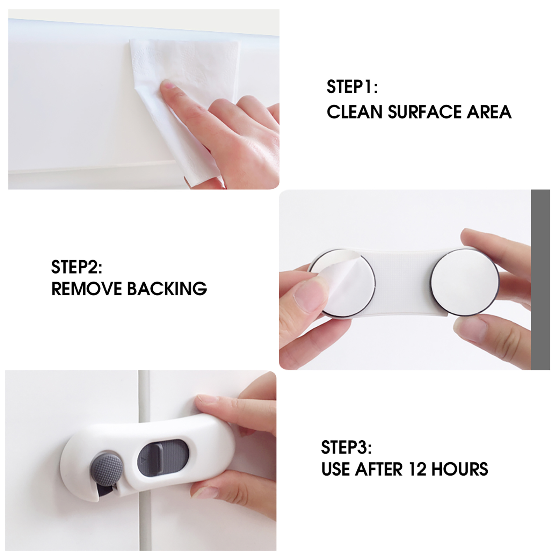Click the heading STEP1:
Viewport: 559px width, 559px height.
click(352, 87)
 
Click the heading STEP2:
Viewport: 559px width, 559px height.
click(77, 267)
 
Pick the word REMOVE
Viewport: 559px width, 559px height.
click(86, 289)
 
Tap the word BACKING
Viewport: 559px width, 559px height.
click(167, 289)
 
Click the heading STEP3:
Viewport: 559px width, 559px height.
click(346, 448)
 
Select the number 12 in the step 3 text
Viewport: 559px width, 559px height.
click(417, 469)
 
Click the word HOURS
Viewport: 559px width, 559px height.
click(460, 469)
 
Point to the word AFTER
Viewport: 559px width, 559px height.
click(379, 469)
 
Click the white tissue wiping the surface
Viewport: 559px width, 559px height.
click(182, 105)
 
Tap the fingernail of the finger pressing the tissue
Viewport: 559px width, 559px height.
click(168, 85)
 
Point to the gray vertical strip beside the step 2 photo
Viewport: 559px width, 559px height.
click(540, 280)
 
